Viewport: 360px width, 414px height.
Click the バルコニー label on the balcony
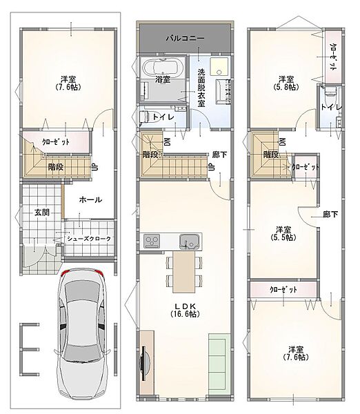[185, 38]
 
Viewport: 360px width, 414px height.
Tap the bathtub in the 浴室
[160, 67]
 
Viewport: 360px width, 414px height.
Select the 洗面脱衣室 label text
[201, 88]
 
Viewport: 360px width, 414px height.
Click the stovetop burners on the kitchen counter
[152, 241]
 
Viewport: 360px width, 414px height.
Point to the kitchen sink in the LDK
[189, 241]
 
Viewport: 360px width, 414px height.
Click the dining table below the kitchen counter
[184, 272]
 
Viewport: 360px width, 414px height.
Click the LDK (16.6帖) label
[185, 310]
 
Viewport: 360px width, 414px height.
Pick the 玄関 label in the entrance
[42, 213]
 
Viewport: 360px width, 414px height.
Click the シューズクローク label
[89, 239]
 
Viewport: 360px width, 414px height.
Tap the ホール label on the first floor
[90, 199]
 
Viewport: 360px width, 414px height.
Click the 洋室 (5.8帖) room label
[286, 83]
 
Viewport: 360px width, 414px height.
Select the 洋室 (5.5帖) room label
[283, 233]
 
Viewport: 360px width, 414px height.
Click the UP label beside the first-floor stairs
[94, 167]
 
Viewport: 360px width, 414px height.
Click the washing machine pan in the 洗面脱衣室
[219, 66]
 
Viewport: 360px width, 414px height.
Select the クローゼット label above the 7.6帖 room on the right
[283, 290]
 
